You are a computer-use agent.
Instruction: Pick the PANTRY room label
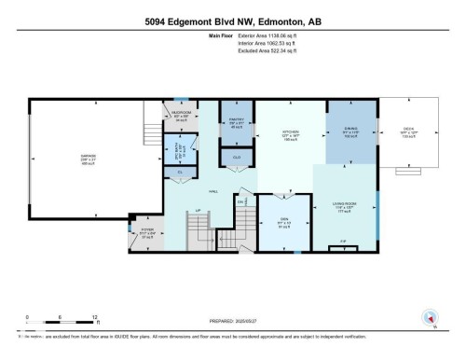[x=237, y=120]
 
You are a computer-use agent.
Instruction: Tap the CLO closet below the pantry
[x=238, y=158]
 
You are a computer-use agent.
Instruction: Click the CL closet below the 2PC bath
[x=180, y=172]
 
